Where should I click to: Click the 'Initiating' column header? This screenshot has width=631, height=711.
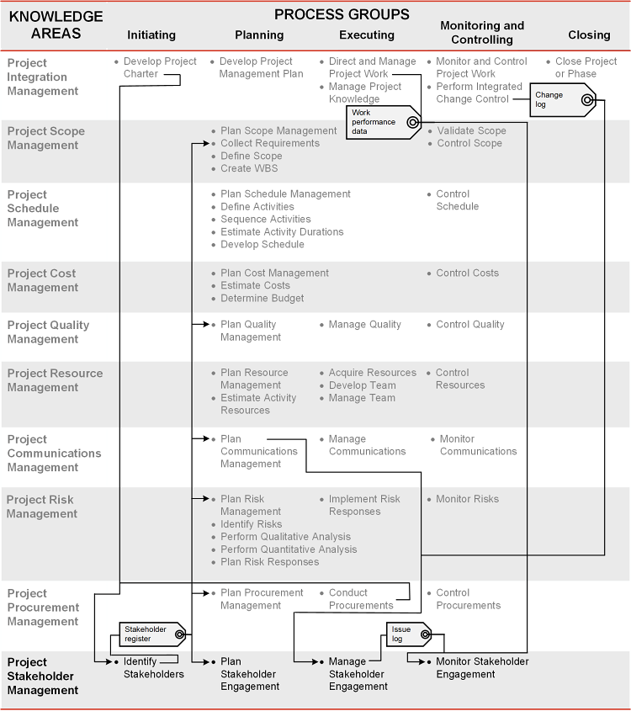pos(151,35)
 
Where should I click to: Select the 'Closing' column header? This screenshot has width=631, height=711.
pos(589,35)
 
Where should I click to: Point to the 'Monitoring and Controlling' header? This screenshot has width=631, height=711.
pos(482,33)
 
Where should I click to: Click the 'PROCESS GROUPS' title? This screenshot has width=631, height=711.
pos(342,14)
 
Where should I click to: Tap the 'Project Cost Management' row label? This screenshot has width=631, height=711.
pos(42,280)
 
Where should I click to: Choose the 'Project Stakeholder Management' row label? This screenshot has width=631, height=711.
pos(43,676)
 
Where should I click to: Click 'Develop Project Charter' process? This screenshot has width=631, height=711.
pos(160,67)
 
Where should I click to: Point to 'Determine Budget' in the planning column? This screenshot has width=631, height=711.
pos(262,299)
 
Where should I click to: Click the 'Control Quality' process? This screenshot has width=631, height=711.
pos(470,325)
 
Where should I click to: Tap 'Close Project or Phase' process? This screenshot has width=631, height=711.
pos(586,67)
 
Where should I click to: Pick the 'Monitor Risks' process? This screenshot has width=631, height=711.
pos(467,500)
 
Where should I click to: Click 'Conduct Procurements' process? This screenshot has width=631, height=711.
pos(361,599)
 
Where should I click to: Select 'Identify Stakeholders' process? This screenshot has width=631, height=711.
pos(153,668)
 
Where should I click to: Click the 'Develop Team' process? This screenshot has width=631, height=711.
pos(363,385)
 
